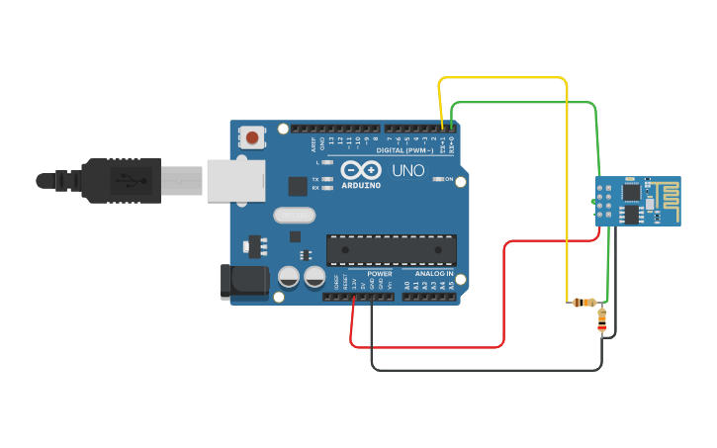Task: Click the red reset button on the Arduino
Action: pyautogui.click(x=253, y=137)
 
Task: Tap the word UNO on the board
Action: pyautogui.click(x=408, y=171)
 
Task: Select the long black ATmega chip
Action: pyautogui.click(x=392, y=250)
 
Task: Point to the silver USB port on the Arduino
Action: pyautogui.click(x=236, y=182)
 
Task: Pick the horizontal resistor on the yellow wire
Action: pyautogui.click(x=584, y=303)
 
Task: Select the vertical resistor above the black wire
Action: pyautogui.click(x=602, y=320)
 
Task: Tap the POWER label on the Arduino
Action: pyautogui.click(x=380, y=273)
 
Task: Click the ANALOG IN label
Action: pyautogui.click(x=435, y=273)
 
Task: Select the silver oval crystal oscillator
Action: pyautogui.click(x=294, y=215)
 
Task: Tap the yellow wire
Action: pyautogui.click(x=504, y=77)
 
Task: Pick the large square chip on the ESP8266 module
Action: pyautogui.click(x=630, y=213)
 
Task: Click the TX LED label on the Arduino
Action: pyautogui.click(x=315, y=180)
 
